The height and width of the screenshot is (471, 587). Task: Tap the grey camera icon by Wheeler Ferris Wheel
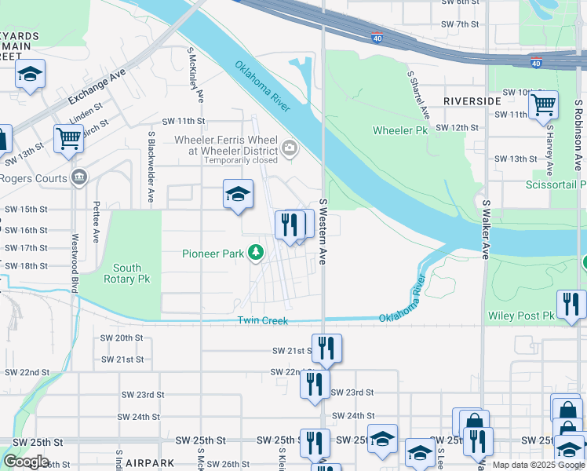point(290,147)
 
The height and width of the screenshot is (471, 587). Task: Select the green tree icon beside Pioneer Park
point(255,253)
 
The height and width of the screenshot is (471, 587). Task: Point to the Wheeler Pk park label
point(400,130)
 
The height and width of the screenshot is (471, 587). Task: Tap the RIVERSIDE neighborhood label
point(472,102)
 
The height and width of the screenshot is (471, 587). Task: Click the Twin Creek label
point(263,321)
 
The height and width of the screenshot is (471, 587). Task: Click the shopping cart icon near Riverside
point(542,104)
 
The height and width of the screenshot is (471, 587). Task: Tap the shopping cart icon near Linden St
point(68,138)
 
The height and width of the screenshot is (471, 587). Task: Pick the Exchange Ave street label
point(97,86)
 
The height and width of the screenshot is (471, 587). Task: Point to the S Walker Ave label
point(486,229)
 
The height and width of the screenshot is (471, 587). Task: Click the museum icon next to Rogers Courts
point(78,177)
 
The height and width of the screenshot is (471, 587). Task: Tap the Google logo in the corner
point(26,462)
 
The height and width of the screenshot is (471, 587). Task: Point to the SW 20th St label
point(122,338)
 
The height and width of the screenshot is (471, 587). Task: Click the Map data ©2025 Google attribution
point(538,465)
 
